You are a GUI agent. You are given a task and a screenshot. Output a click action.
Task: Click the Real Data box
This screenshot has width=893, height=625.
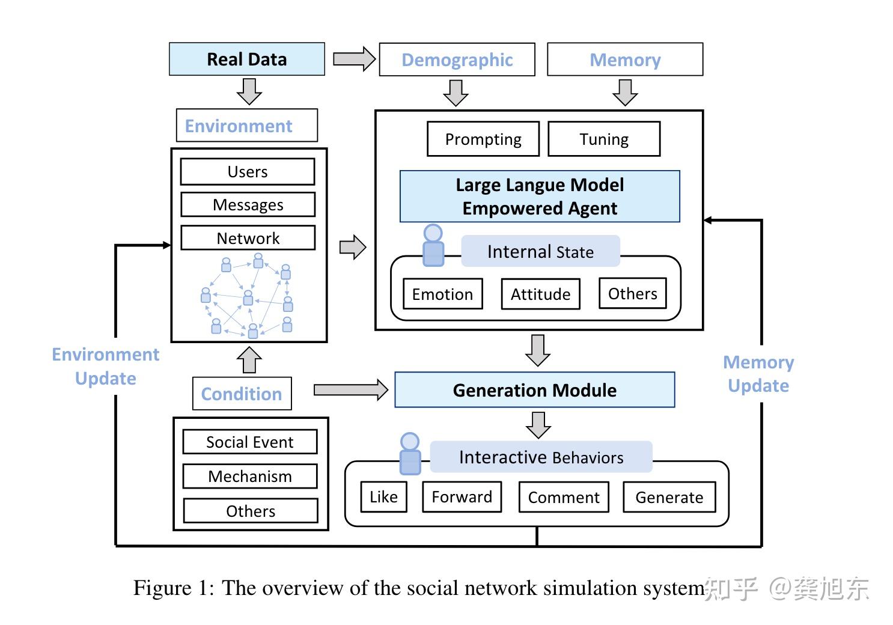click(x=247, y=59)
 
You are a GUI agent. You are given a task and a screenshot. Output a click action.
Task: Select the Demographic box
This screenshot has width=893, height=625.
click(x=457, y=59)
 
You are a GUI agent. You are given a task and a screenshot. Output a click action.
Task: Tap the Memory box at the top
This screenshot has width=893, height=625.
click(x=625, y=59)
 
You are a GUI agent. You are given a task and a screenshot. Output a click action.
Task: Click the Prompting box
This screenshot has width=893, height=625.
click(x=483, y=139)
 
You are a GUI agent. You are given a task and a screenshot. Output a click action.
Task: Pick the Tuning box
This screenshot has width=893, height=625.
click(x=604, y=139)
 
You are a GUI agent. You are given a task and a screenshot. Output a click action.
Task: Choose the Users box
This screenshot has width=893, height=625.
click(x=248, y=171)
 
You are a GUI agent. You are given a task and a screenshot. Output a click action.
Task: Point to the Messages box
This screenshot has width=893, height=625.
click(x=248, y=204)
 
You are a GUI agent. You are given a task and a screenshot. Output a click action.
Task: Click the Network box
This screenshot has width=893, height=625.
click(x=248, y=238)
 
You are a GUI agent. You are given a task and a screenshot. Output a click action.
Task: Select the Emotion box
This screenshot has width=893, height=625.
click(x=442, y=294)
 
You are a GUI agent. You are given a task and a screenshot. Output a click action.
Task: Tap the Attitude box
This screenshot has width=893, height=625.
click(x=541, y=294)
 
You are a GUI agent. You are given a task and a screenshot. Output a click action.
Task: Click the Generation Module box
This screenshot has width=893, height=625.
click(x=535, y=390)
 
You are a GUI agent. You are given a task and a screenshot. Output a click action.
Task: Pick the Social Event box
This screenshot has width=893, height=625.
click(x=250, y=442)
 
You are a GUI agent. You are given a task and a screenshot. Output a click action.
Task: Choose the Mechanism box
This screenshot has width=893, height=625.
click(x=250, y=476)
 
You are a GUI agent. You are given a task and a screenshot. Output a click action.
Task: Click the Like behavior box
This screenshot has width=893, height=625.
click(x=383, y=496)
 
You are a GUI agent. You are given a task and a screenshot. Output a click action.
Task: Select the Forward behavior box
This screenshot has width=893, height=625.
click(x=462, y=496)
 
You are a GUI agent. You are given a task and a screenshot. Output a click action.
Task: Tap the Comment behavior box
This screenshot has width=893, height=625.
click(x=564, y=497)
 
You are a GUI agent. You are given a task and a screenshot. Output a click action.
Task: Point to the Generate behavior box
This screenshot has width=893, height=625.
click(x=669, y=497)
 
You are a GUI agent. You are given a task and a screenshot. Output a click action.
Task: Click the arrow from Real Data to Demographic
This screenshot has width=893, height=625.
click(x=354, y=59)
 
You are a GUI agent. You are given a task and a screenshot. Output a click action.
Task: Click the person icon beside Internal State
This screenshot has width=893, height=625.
click(x=433, y=245)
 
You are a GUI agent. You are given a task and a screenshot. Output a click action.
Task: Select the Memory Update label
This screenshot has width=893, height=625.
click(x=758, y=374)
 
